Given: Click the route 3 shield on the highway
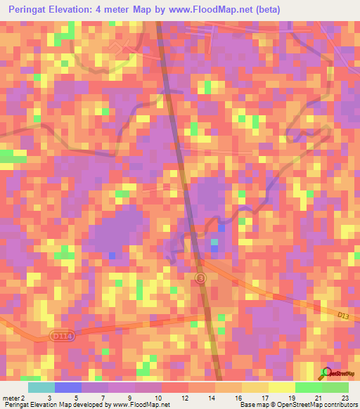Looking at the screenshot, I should tap(201, 279).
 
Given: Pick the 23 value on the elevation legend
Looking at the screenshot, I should tap(345, 398).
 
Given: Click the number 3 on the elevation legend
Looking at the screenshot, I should tap(49, 398).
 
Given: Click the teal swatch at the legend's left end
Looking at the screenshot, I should tap(41, 387).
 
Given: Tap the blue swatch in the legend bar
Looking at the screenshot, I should tap(68, 387).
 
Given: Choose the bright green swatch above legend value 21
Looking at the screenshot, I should tap(309, 387).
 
